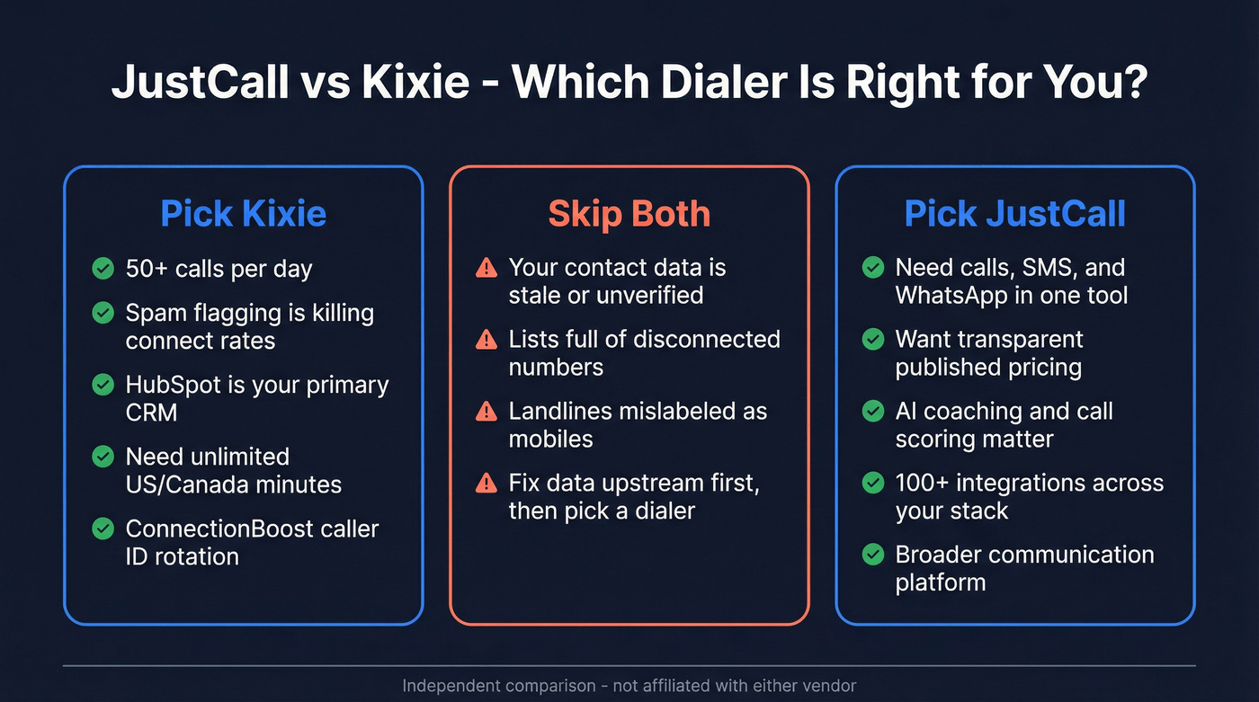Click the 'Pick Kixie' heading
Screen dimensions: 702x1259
[x=243, y=214]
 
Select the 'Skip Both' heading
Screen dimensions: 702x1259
[x=629, y=214]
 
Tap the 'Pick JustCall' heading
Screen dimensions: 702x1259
[x=1014, y=214]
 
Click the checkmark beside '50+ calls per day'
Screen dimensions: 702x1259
[x=103, y=268]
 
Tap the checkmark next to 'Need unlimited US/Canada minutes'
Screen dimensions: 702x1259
[x=103, y=457]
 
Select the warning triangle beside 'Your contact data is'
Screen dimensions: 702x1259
[x=486, y=268]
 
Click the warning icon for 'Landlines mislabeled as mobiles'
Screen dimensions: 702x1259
[x=486, y=412]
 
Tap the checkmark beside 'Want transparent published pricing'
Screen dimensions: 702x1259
[x=872, y=340]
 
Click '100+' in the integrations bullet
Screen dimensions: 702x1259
[x=924, y=484]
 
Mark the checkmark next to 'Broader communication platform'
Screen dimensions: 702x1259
[x=872, y=555]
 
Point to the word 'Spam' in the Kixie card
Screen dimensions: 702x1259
[x=154, y=313]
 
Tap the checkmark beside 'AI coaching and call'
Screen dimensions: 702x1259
[x=872, y=412]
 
